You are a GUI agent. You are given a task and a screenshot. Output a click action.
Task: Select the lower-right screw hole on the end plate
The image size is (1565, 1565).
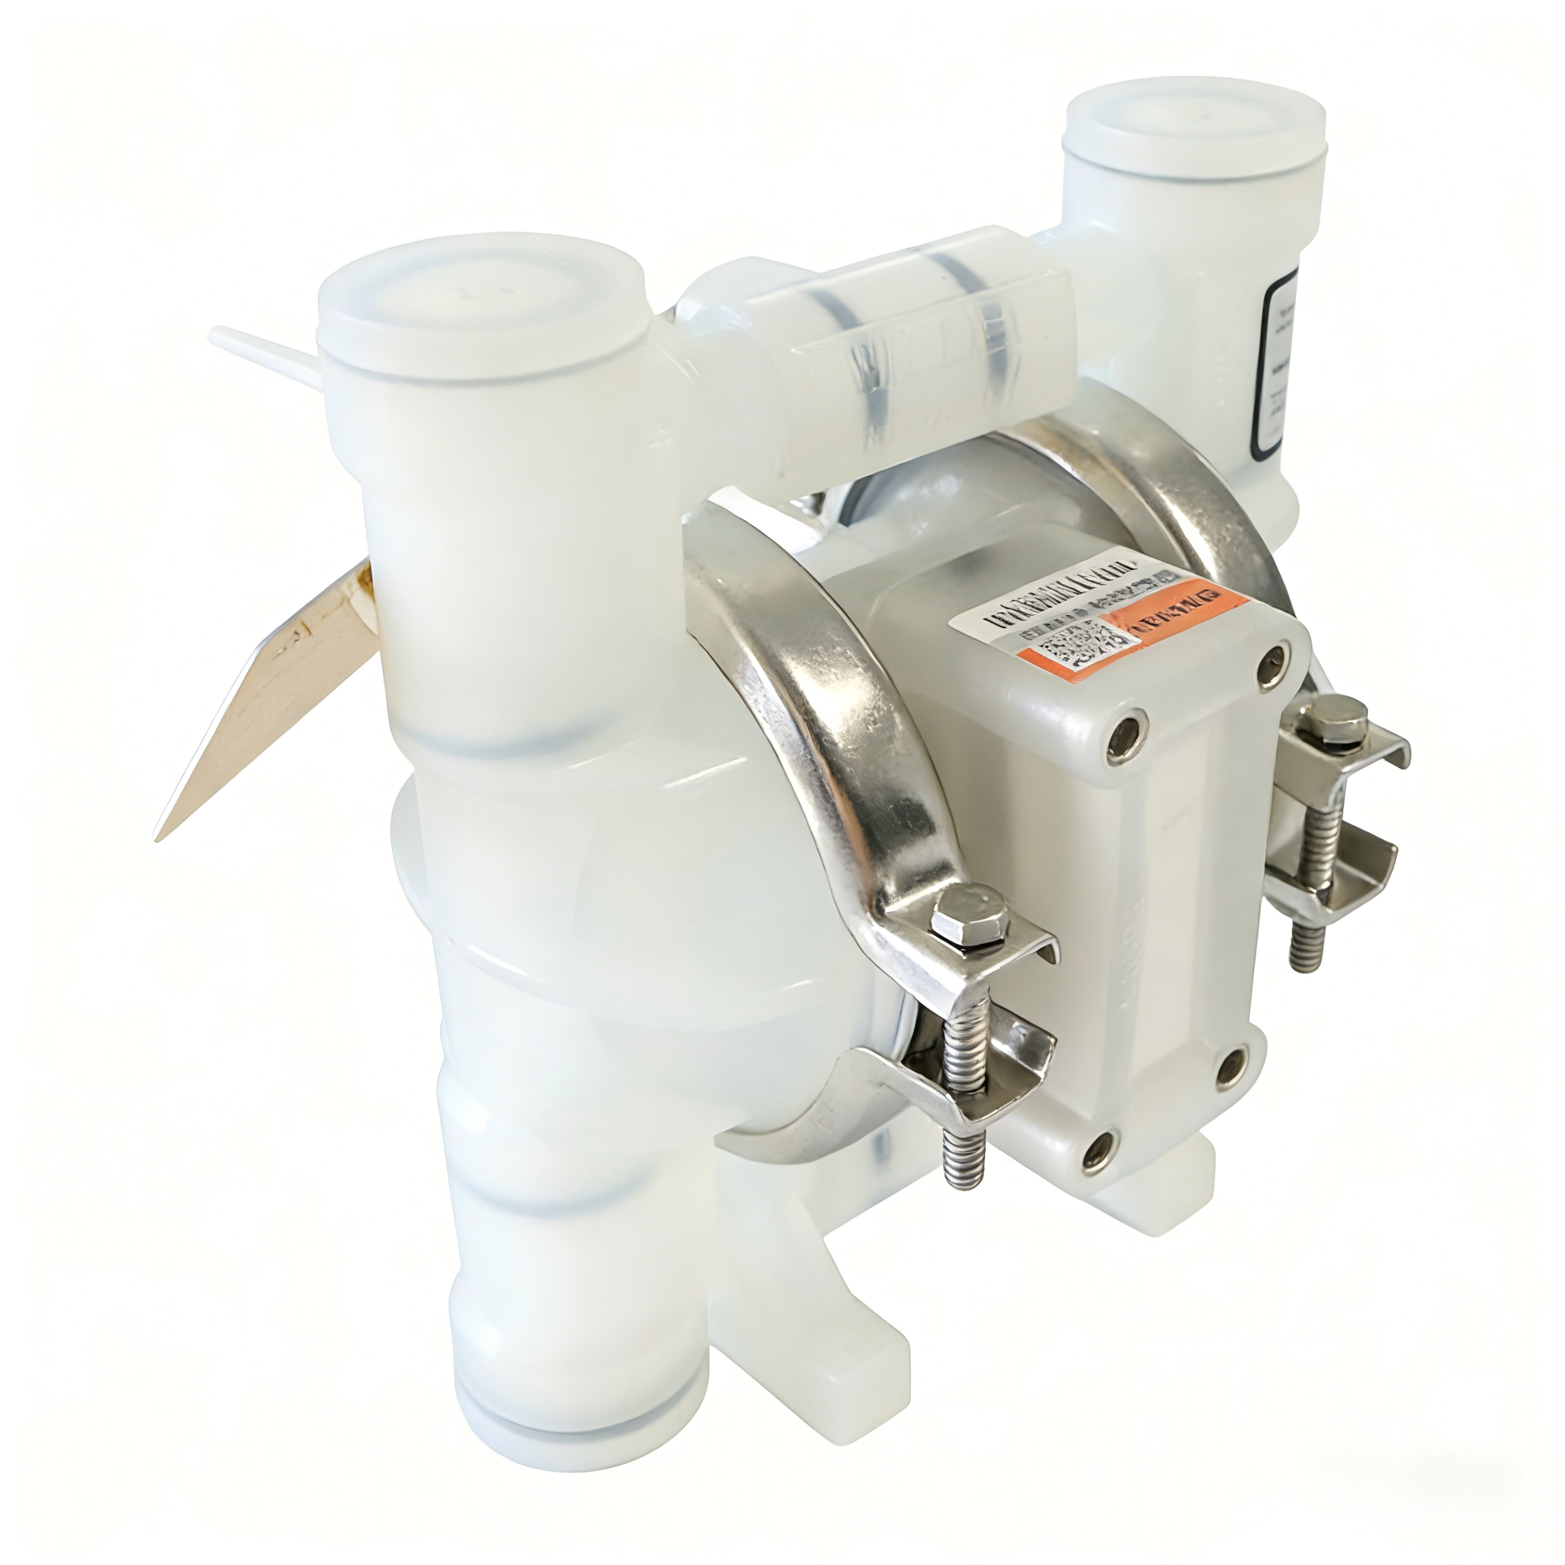pyautogui.click(x=1233, y=1065)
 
